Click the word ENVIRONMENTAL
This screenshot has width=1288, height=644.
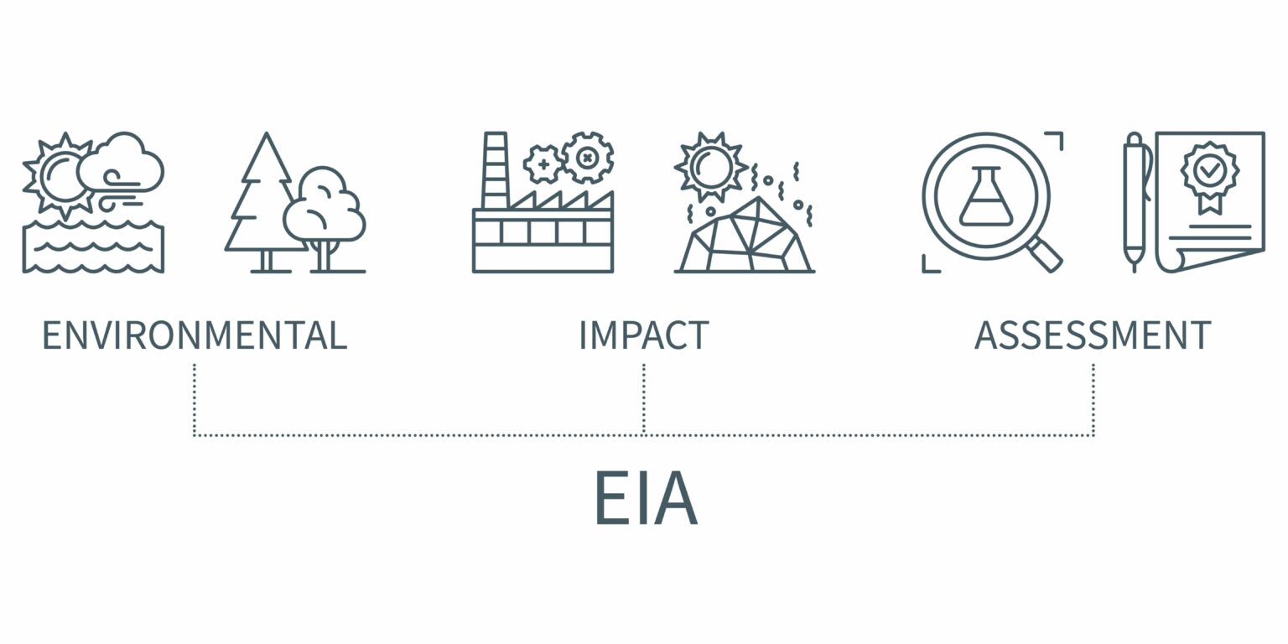click(x=195, y=335)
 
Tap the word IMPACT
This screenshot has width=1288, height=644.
click(x=644, y=335)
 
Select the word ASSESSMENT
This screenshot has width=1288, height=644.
click(x=1093, y=335)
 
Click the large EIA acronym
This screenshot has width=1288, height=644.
click(x=647, y=497)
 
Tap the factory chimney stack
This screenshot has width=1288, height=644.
click(x=495, y=170)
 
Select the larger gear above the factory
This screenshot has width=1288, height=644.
click(x=587, y=157)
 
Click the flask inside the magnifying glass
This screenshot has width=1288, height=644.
click(x=985, y=197)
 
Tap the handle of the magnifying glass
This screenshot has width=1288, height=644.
click(x=1045, y=254)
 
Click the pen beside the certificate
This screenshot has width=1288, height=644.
click(x=1135, y=202)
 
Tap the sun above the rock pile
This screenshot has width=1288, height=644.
click(x=711, y=167)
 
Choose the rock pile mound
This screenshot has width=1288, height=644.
click(x=745, y=235)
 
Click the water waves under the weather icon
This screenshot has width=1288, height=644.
click(x=93, y=247)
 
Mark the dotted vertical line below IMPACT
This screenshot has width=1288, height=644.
click(x=643, y=399)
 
